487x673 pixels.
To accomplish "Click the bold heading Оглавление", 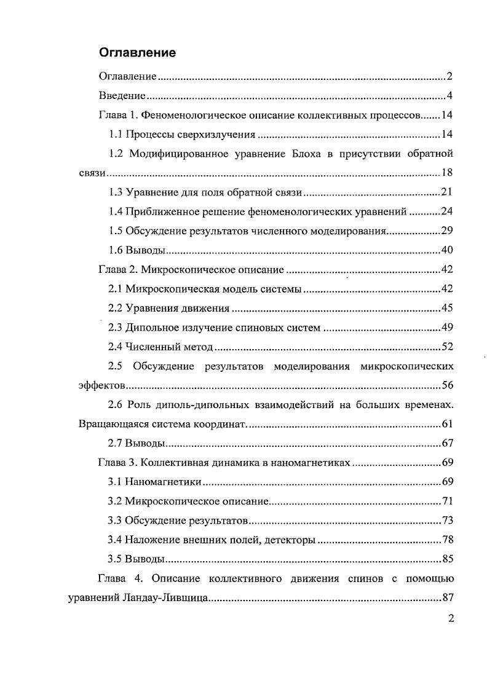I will pos(137,53).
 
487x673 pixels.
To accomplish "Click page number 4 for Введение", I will pos(449,96).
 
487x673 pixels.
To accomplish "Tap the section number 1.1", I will pos(116,135).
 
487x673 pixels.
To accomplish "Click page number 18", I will pos(447,173).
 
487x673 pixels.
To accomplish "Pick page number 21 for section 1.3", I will pos(447,192).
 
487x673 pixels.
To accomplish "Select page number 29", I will pos(447,231).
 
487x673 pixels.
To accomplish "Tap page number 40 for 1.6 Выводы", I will pos(447,250).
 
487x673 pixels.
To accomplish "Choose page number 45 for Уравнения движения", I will pos(447,308).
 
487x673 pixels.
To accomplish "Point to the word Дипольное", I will pos(152,328).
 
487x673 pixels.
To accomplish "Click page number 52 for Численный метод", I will pos(447,347).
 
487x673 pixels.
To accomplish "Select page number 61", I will pos(447,424).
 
